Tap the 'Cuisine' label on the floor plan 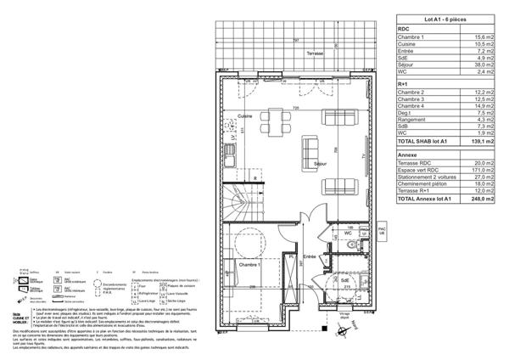pyautogui.click(x=245, y=115)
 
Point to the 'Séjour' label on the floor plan pyautogui.click(x=321, y=162)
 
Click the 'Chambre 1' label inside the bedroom pyautogui.click(x=249, y=266)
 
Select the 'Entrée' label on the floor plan pyautogui.click(x=310, y=256)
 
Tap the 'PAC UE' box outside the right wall pyautogui.click(x=382, y=230)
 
